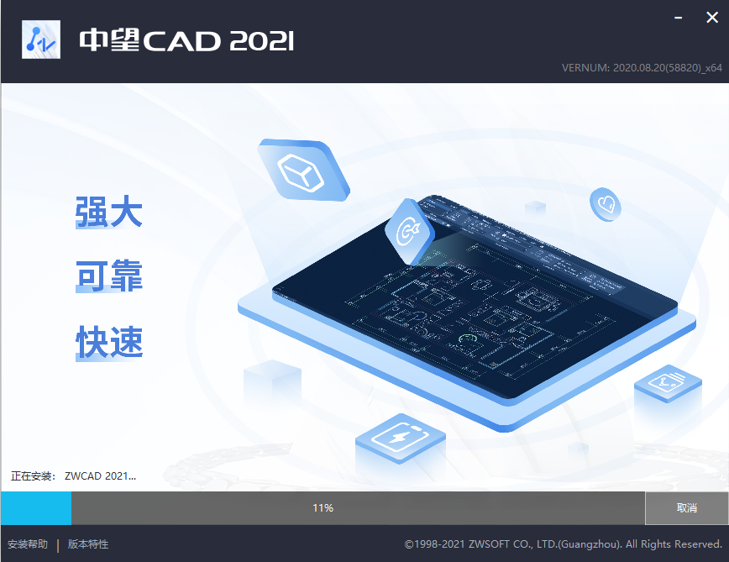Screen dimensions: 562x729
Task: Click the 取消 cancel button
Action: [686, 508]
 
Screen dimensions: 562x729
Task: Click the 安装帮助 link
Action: [28, 544]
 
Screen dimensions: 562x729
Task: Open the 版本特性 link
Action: [88, 544]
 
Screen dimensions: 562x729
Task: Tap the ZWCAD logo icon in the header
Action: [40, 39]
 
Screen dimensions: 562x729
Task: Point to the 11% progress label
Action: [323, 508]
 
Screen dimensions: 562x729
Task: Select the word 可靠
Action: [109, 276]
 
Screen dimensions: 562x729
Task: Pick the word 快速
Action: [109, 342]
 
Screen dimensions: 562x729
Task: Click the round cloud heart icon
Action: [606, 203]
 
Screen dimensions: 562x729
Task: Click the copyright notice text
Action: [563, 544]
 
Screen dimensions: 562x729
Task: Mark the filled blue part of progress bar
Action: [36, 508]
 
